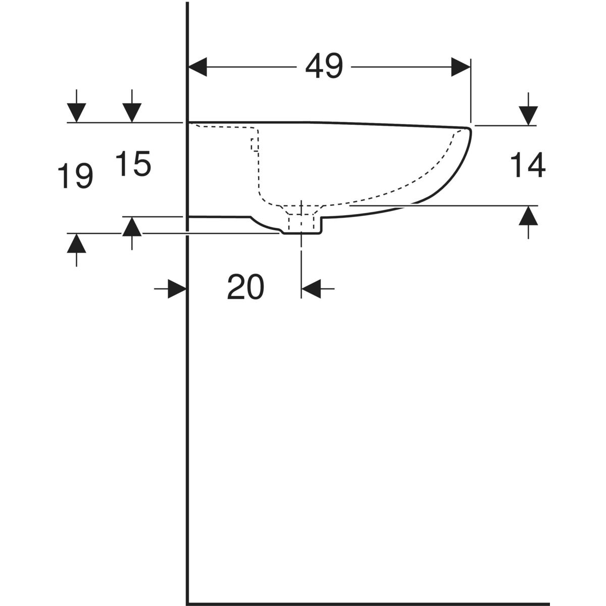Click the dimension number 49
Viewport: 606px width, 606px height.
point(324,66)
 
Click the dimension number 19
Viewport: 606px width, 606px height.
point(75,176)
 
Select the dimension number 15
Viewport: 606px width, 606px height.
point(133,164)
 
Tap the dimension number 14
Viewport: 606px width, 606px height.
point(527,165)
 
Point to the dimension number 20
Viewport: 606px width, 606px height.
point(245,287)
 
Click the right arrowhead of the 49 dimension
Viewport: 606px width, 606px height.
point(461,67)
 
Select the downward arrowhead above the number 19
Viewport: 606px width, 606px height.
point(76,113)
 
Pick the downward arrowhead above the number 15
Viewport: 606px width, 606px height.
point(132,113)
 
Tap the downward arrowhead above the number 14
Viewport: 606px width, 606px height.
point(528,116)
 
